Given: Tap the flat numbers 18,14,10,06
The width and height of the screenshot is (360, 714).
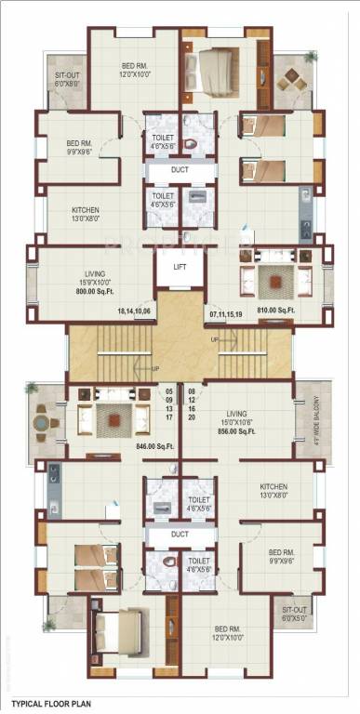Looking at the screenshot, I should point(134,311).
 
